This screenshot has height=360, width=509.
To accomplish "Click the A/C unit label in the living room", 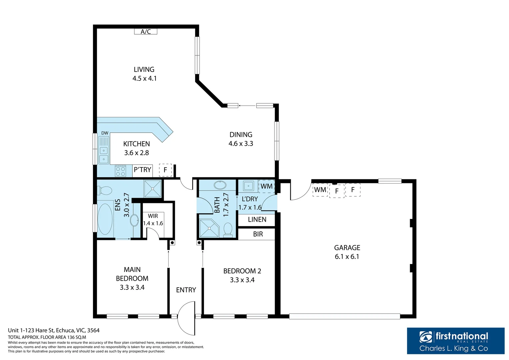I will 146,32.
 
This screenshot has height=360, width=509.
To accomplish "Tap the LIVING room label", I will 144,69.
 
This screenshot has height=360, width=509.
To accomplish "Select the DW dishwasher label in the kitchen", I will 105,133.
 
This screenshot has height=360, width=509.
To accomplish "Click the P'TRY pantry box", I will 143,170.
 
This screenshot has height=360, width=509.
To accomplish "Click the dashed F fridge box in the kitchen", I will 165,170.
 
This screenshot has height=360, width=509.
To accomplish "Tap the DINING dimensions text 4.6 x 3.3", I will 241,144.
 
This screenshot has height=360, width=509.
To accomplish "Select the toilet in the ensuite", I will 105,191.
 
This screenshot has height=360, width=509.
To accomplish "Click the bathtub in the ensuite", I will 105,219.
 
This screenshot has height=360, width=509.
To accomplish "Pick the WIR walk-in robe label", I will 153,216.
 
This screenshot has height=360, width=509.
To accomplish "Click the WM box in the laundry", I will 266,186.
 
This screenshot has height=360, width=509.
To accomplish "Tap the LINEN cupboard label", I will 257,220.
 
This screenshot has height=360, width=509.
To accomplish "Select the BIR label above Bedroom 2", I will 258,234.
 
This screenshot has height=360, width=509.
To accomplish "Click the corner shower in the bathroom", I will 209,228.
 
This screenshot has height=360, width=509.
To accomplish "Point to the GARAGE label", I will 347,248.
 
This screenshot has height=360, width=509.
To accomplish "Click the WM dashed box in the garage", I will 320,190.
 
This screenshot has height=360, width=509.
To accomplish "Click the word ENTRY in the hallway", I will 186,290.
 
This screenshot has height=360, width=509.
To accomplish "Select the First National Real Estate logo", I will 455,341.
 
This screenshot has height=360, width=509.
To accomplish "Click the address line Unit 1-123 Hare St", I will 54,330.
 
